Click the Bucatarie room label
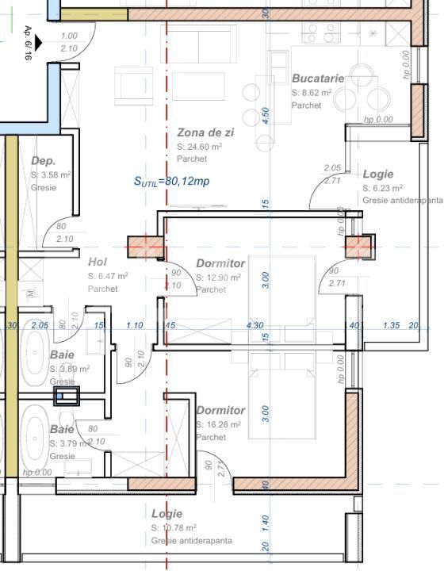(x=317, y=79)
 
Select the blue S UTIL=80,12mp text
(x=170, y=181)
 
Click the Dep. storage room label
(x=43, y=160)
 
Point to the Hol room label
(x=97, y=262)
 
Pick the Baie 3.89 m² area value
(x=70, y=369)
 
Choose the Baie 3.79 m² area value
(x=70, y=443)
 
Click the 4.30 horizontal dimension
(x=255, y=325)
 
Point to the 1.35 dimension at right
(x=391, y=325)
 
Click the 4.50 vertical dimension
(x=266, y=114)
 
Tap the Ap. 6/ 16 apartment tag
(x=29, y=43)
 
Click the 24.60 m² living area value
(x=199, y=147)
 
